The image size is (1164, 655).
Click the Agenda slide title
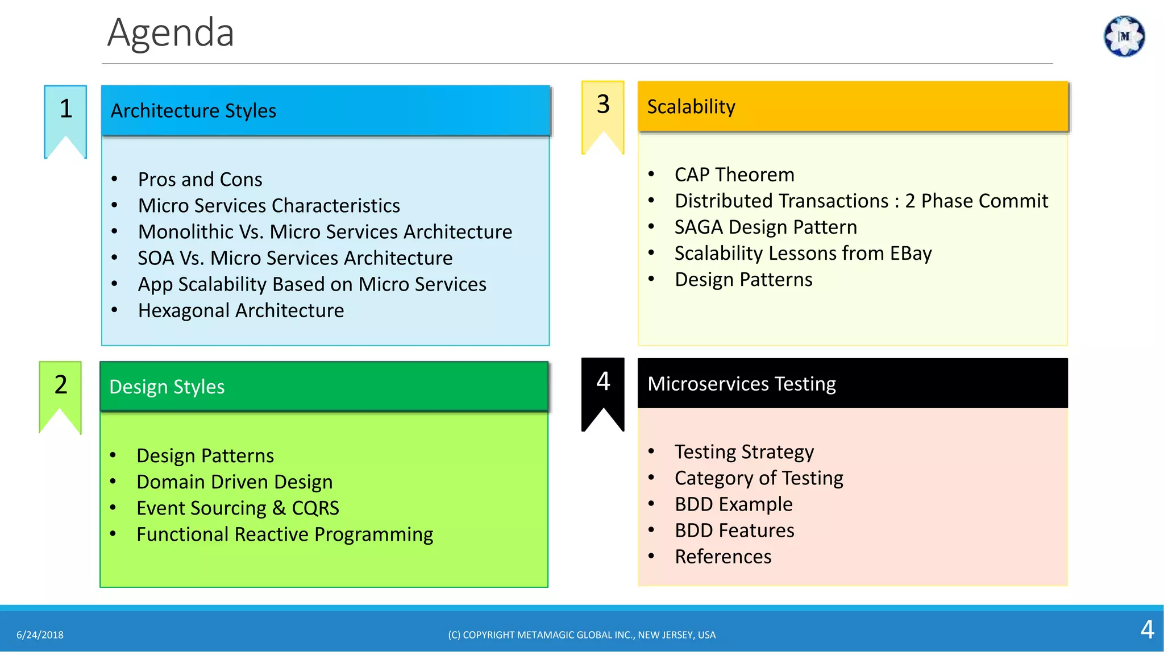pos(171,33)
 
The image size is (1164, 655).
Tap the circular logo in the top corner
pos(1124,36)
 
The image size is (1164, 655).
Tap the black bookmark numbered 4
pos(603,386)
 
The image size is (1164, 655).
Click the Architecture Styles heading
pos(193,110)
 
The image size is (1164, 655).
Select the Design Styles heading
pos(167,387)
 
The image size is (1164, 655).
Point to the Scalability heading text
pos(691,106)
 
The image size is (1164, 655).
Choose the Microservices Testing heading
pos(741,384)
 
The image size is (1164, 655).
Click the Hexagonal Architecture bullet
pos(240,310)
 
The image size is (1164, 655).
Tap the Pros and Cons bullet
pos(200,180)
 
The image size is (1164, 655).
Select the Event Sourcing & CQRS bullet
pos(238,508)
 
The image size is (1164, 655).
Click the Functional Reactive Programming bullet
pos(285,534)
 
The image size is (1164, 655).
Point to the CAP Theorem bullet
pos(734,175)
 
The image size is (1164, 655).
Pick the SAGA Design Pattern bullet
pos(766,227)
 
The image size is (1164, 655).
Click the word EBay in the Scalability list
pos(911,253)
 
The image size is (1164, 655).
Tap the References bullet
pos(723,557)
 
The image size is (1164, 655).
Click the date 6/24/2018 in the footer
pos(40,635)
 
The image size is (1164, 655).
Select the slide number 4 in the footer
pos(1147,630)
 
